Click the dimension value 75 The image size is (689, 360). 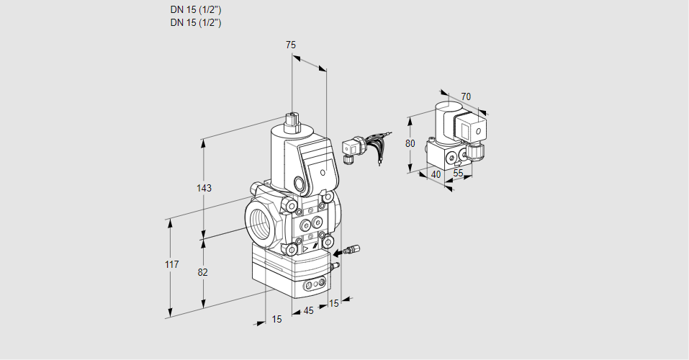pos(291,45)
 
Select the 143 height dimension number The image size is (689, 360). pos(204,188)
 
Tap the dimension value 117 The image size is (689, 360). pos(171,265)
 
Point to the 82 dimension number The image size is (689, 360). pos(203,272)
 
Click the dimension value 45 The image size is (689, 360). pos(308,311)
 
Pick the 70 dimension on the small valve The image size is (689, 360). pos(466,96)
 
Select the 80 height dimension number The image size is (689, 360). pos(410,143)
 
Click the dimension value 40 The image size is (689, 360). pos(435,174)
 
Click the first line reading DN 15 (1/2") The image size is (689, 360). pos(195,10)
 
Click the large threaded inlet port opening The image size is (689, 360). pos(260,219)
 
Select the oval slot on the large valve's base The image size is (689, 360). pos(312,286)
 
